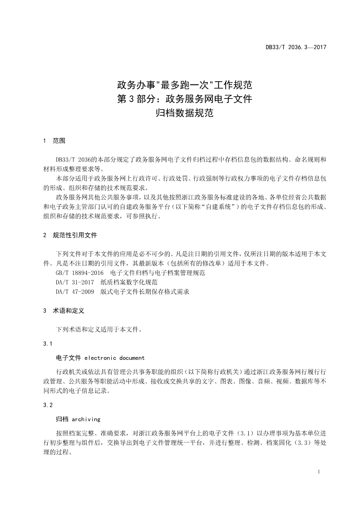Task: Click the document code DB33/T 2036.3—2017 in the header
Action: click(x=296, y=47)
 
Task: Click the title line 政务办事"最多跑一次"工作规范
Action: click(x=184, y=84)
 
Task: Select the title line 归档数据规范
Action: click(x=184, y=113)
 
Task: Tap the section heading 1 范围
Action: click(x=54, y=141)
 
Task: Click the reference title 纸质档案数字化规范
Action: click(x=129, y=283)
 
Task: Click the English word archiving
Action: click(x=86, y=419)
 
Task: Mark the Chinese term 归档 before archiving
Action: click(x=62, y=419)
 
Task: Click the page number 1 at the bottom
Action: click(x=321, y=472)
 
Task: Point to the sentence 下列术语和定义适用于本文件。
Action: click(x=99, y=330)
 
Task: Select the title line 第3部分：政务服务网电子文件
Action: click(x=184, y=98)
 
